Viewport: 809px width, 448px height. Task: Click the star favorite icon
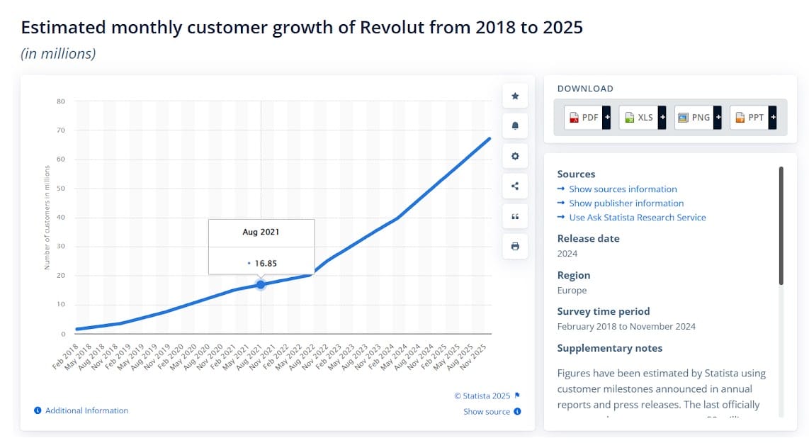515,96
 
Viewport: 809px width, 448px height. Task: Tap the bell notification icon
515,126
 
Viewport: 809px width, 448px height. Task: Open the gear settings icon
515,157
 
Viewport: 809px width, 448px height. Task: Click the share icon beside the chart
515,186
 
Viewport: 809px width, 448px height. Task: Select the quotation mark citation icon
515,216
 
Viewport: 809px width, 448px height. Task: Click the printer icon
515,247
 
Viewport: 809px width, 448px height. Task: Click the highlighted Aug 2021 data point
261,284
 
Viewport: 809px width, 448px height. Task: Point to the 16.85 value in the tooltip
266,264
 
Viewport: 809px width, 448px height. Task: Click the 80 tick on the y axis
61,101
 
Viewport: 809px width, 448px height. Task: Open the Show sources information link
623,189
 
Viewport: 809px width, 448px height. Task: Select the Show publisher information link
626,203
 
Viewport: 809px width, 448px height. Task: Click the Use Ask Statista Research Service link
637,218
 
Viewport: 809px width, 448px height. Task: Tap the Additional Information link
86,410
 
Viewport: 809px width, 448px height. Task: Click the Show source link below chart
487,412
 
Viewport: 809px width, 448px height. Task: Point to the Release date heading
588,239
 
